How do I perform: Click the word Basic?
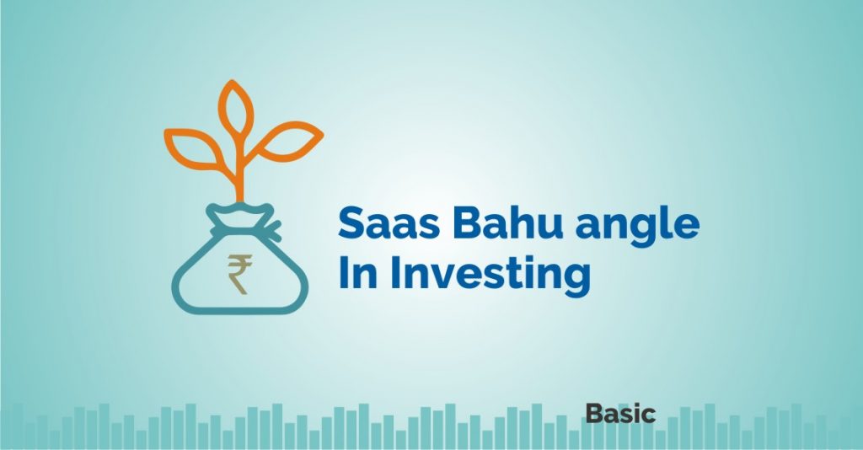pos(619,414)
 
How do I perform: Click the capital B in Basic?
pos(593,414)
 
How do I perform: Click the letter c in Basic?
pos(648,415)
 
